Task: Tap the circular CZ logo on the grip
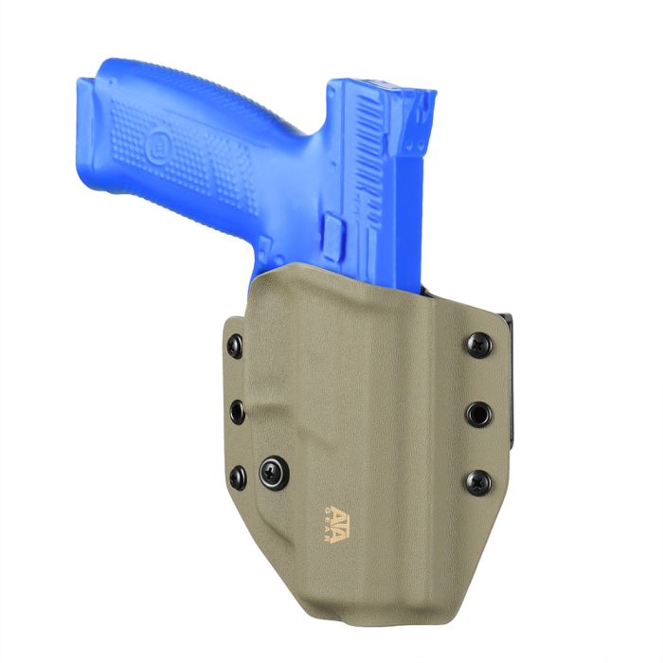[158, 143]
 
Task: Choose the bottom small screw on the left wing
[238, 477]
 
